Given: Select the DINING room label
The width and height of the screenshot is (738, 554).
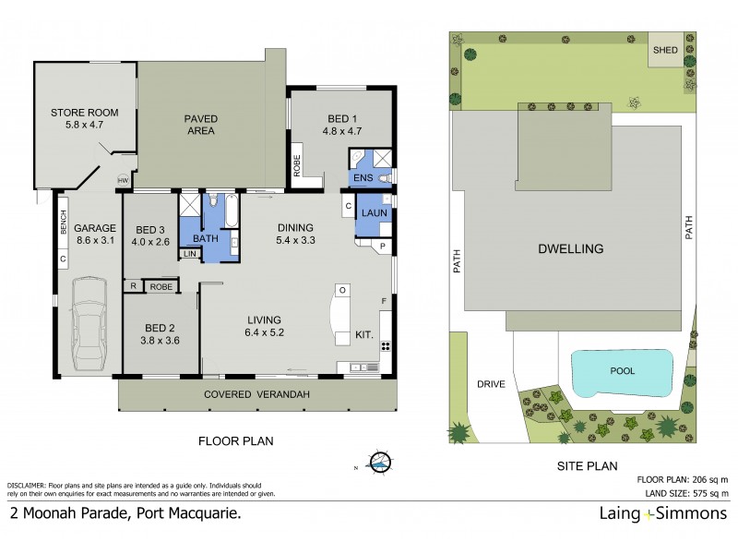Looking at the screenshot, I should pyautogui.click(x=295, y=228).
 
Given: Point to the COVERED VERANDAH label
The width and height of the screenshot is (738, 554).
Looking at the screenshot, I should pyautogui.click(x=256, y=394).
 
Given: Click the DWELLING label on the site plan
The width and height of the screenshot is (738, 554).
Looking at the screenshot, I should pyautogui.click(x=572, y=248).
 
